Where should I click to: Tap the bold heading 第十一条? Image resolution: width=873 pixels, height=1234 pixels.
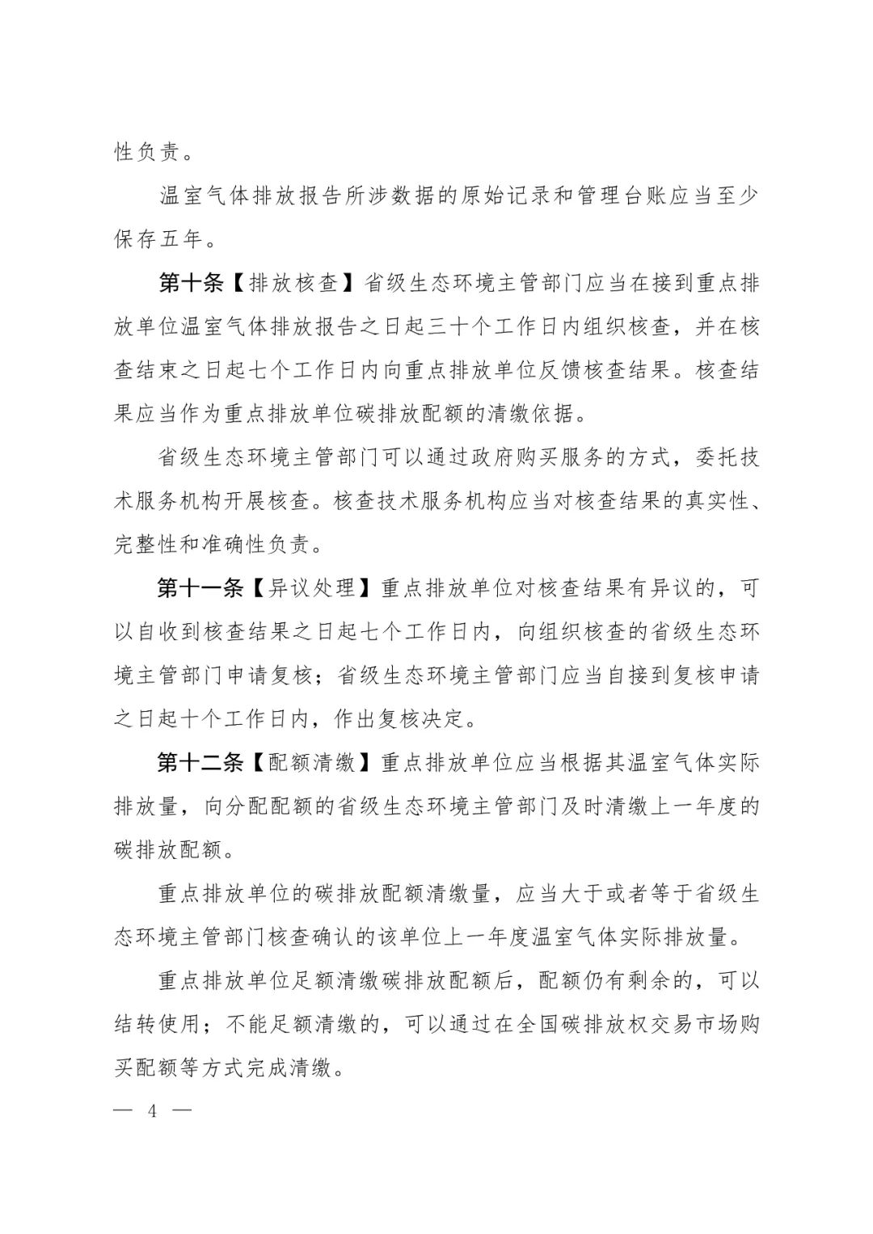200,588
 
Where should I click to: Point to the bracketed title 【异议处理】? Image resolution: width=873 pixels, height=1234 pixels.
312,588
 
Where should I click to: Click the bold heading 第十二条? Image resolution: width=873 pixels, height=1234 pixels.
200,763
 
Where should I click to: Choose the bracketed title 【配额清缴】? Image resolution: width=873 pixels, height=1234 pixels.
312,763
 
